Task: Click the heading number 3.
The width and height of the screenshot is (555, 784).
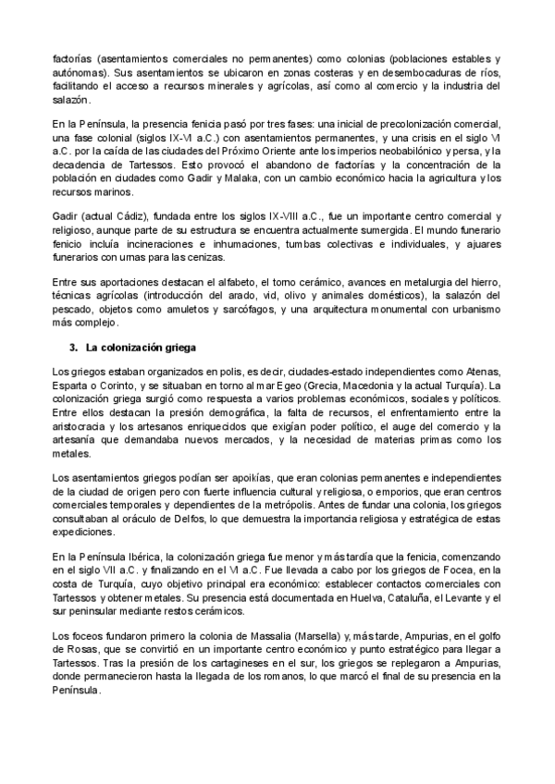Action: click(x=74, y=348)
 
